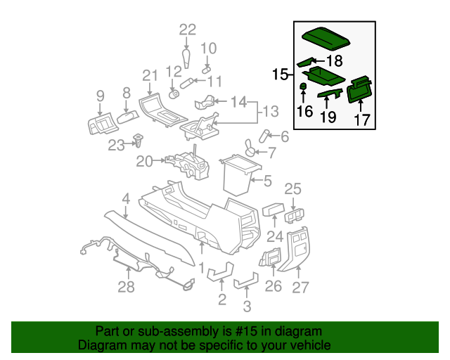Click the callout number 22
point(187,30)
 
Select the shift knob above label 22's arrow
point(187,56)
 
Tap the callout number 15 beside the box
point(281,74)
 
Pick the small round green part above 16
point(303,86)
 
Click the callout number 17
point(361,120)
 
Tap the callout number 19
point(328,117)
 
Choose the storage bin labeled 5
point(238,174)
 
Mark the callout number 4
point(126,200)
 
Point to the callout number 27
point(300,286)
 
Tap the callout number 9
point(100,96)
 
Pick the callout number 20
point(144,161)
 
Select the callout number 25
point(292,188)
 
